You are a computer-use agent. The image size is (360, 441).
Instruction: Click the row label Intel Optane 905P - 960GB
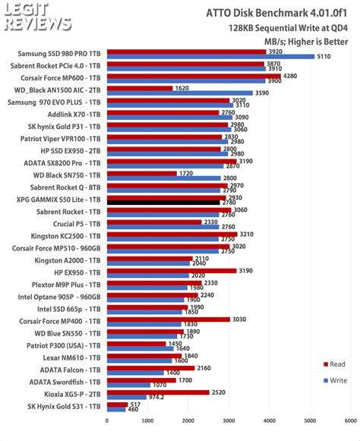(58, 296)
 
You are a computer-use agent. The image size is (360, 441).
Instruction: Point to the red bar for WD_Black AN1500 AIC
(140, 88)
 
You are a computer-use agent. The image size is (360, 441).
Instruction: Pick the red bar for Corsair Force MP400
(168, 320)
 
